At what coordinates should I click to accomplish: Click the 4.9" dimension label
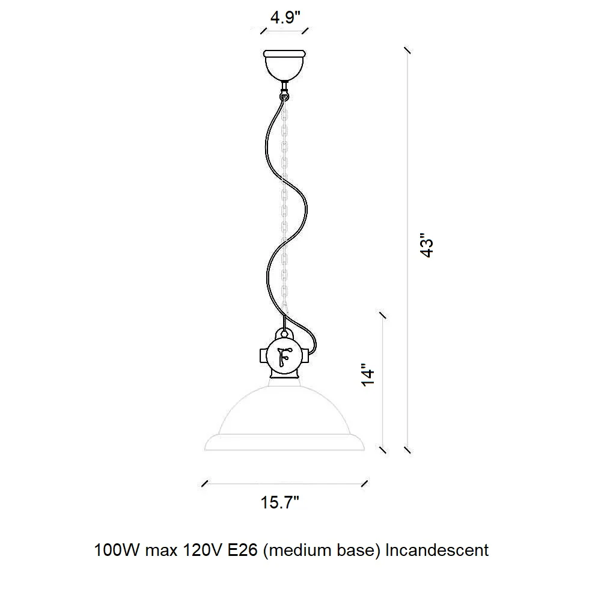pyautogui.click(x=285, y=17)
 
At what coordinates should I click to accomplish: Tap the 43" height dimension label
pyautogui.click(x=427, y=245)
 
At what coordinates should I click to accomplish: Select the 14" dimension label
pyautogui.click(x=368, y=374)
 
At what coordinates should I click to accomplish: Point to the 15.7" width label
pyautogui.click(x=280, y=502)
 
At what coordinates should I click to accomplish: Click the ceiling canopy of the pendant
pyautogui.click(x=284, y=65)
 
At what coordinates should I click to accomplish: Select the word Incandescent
pyautogui.click(x=437, y=551)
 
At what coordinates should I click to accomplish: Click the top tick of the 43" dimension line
pyautogui.click(x=407, y=50)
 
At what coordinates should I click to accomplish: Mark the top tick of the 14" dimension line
pyautogui.click(x=382, y=315)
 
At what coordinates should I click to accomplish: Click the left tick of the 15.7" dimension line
pyautogui.click(x=205, y=484)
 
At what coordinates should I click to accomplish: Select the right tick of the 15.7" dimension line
pyautogui.click(x=365, y=484)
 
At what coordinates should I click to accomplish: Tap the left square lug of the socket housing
pyautogui.click(x=264, y=356)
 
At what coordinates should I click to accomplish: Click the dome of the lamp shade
pyautogui.click(x=284, y=412)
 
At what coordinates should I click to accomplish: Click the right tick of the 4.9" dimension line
pyautogui.click(x=305, y=31)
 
